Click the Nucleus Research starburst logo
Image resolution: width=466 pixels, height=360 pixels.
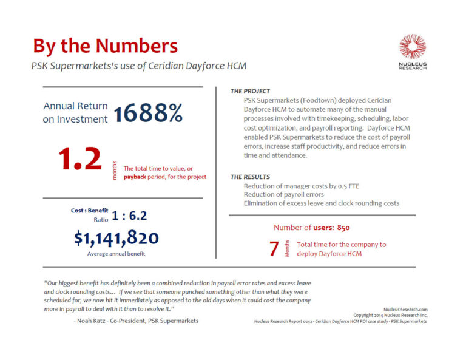click(412, 47)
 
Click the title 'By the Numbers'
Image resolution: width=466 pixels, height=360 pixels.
click(105, 46)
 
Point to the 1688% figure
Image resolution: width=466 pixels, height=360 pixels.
click(147, 112)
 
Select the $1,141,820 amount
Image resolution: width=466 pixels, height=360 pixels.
click(116, 238)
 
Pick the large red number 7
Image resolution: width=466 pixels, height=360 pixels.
click(274, 249)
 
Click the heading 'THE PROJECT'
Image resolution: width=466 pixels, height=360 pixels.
click(250, 91)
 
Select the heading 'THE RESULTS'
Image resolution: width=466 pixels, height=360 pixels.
click(250, 177)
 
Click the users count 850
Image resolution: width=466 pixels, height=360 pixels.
click(343, 228)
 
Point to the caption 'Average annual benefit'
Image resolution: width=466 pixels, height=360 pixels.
click(116, 253)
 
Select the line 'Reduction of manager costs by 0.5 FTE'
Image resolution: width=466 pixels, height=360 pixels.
click(300, 186)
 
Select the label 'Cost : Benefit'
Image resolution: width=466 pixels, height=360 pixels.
click(89, 210)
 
